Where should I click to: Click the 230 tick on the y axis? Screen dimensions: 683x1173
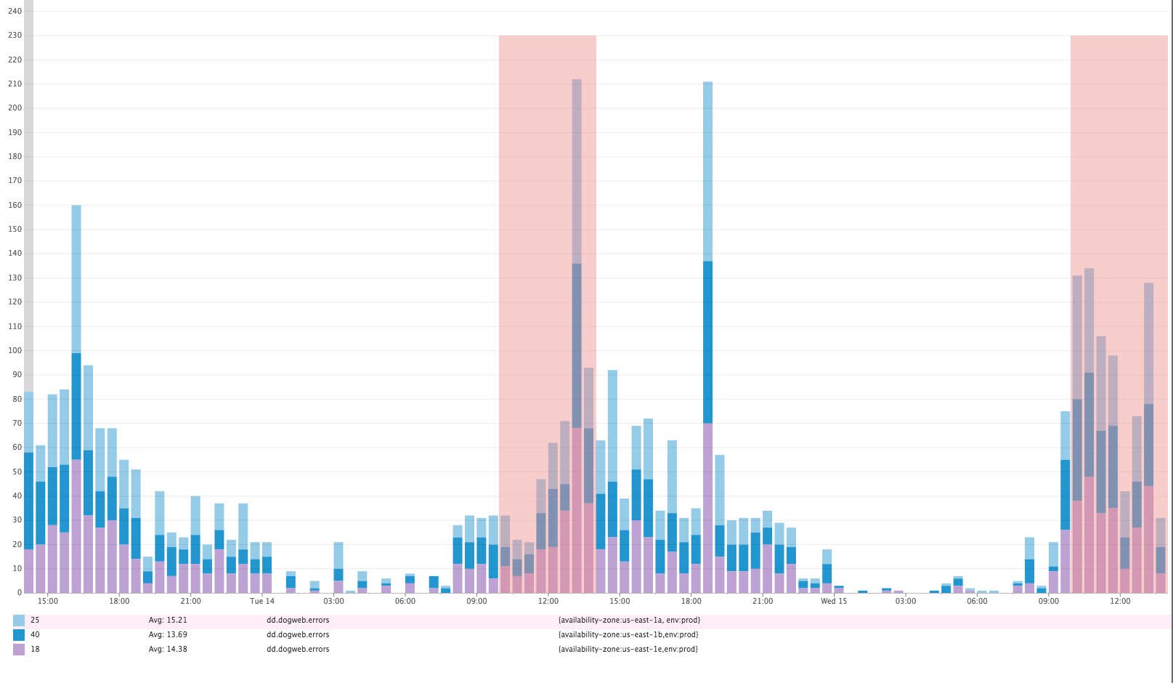tap(15, 36)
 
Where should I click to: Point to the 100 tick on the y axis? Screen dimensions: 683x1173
tap(15, 350)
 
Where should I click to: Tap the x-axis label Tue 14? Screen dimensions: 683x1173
tap(262, 601)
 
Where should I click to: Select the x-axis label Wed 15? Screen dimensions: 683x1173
tap(834, 601)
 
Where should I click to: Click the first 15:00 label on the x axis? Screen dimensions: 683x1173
tap(48, 601)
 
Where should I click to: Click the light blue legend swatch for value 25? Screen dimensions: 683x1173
tap(19, 621)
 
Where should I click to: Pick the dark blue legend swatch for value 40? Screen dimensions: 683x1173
tap(19, 635)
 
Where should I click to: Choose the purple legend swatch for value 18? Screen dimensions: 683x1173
tap(19, 650)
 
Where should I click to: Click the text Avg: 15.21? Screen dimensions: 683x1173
tap(168, 621)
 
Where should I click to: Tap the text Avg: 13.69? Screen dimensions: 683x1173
tap(168, 635)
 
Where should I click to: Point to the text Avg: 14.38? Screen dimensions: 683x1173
tap(168, 650)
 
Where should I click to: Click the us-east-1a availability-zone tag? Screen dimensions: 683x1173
tap(629, 621)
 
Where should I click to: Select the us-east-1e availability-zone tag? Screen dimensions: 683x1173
tap(628, 650)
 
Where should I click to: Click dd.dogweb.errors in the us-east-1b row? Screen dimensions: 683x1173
tap(298, 635)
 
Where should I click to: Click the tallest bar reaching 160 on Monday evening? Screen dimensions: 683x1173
tap(76, 400)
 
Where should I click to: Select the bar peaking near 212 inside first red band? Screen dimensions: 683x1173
tap(577, 334)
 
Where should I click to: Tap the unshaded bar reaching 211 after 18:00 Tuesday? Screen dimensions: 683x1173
tap(707, 334)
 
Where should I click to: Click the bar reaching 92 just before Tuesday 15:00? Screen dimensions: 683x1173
tap(612, 480)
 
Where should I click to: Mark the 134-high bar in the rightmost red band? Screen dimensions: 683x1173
tap(1089, 429)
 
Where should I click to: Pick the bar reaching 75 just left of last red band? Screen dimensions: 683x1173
tap(1066, 501)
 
